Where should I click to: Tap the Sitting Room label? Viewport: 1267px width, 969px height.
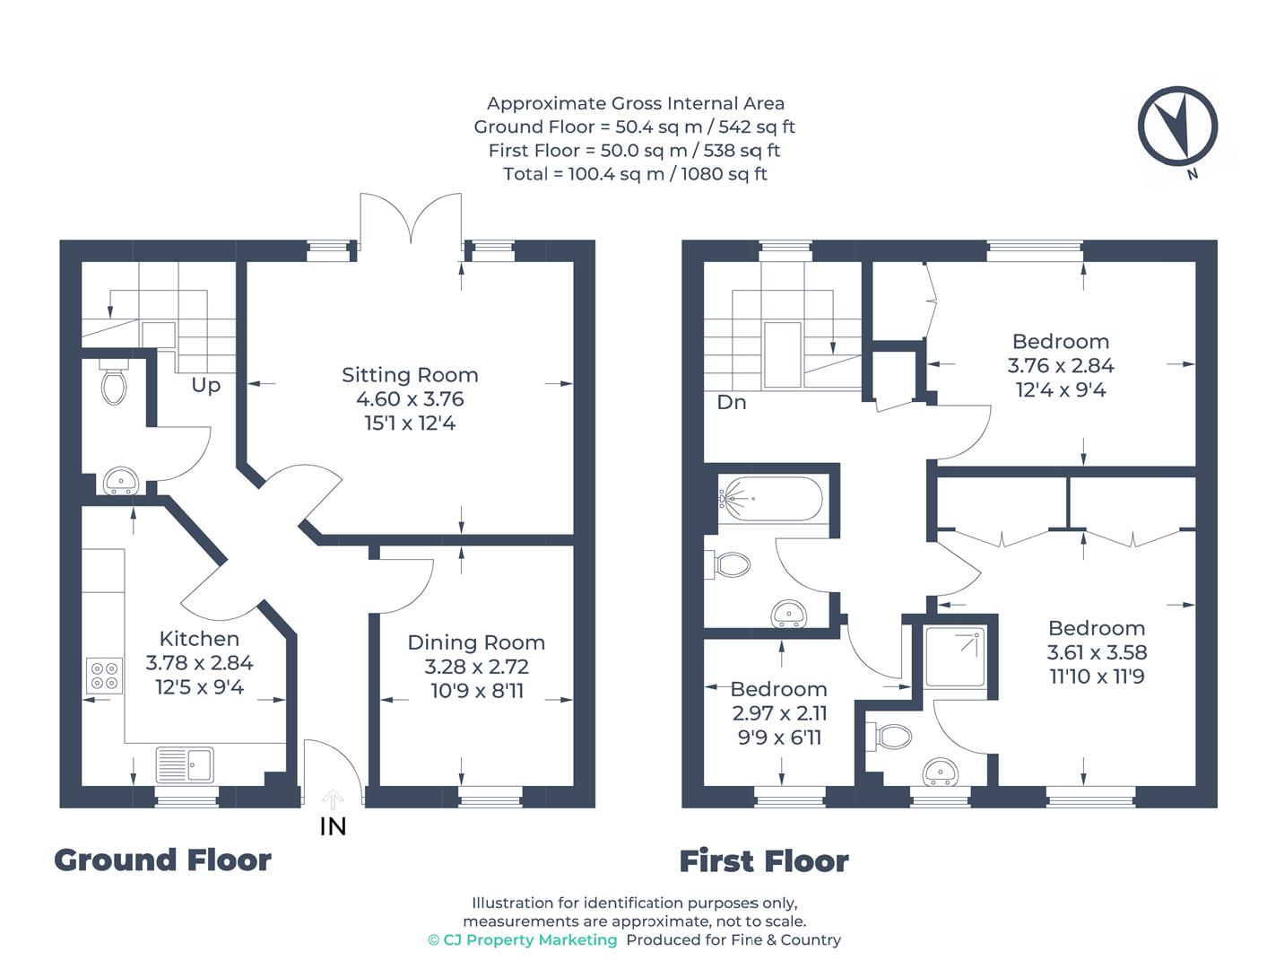tap(410, 375)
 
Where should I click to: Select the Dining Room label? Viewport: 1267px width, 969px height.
tap(476, 642)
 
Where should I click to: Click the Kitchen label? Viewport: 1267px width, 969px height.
tap(199, 639)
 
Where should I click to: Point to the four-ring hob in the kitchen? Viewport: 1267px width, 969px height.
tap(104, 675)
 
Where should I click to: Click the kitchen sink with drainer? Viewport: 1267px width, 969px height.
tap(185, 764)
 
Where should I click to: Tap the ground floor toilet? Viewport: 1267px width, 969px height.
tap(113, 383)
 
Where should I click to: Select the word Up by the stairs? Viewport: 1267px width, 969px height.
tap(205, 386)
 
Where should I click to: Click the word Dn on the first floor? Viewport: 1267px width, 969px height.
tap(732, 403)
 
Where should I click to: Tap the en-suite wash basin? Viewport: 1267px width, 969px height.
tap(940, 771)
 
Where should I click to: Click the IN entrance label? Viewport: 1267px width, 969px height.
tap(333, 826)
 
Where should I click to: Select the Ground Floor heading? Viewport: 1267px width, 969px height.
tap(162, 860)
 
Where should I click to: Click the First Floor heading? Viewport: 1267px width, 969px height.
tap(763, 861)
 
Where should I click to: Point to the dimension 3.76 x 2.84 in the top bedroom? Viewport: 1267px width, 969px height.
tap(1061, 366)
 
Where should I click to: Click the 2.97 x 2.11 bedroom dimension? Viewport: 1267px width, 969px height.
tap(779, 713)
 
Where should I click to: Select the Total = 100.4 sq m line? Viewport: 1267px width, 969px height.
tap(634, 174)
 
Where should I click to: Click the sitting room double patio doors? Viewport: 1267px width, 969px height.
tap(412, 220)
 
